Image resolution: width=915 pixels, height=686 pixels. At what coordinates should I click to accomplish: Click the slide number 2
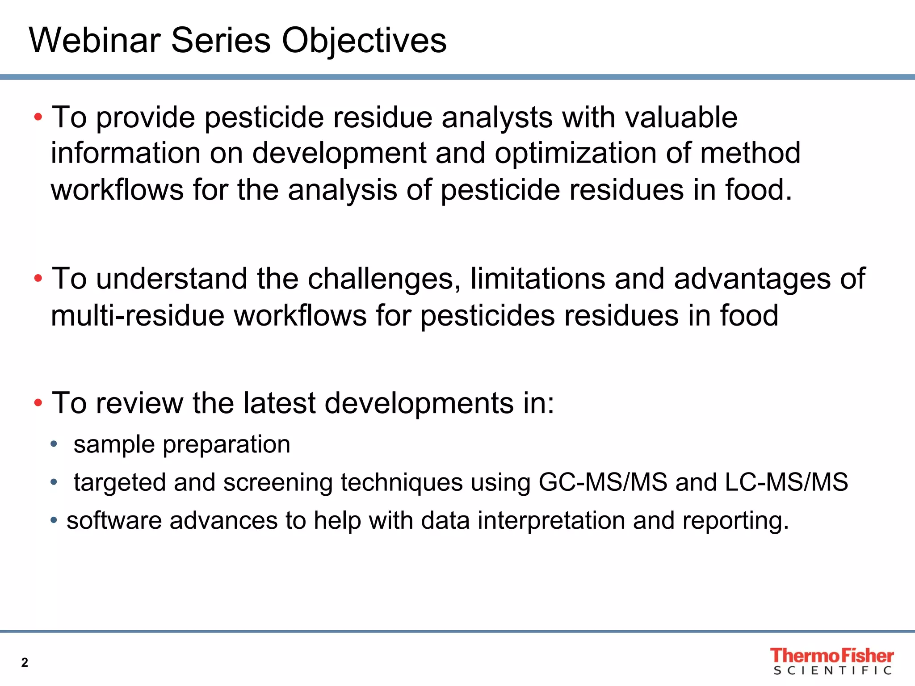pos(25,662)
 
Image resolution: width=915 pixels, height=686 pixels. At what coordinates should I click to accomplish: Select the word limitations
pos(537,279)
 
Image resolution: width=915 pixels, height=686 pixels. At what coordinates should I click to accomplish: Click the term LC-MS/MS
pos(786,482)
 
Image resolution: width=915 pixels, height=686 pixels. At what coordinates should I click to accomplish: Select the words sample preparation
pos(182,445)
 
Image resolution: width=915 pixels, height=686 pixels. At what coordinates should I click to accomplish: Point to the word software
pos(114,521)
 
